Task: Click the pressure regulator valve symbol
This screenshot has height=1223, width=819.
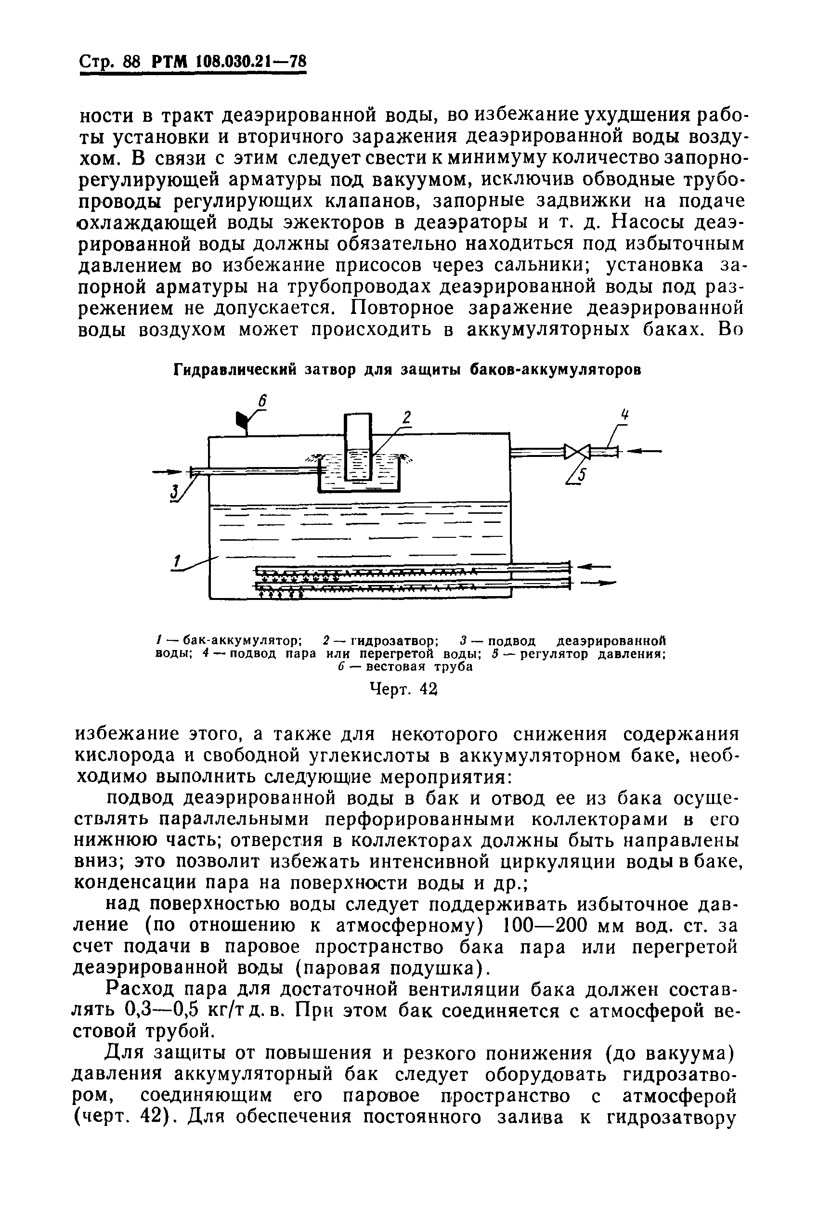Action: tap(577, 451)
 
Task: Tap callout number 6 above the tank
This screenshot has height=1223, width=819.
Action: tap(263, 402)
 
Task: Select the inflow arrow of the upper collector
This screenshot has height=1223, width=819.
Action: tap(595, 566)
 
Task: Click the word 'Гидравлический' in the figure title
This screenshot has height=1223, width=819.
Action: tap(234, 370)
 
